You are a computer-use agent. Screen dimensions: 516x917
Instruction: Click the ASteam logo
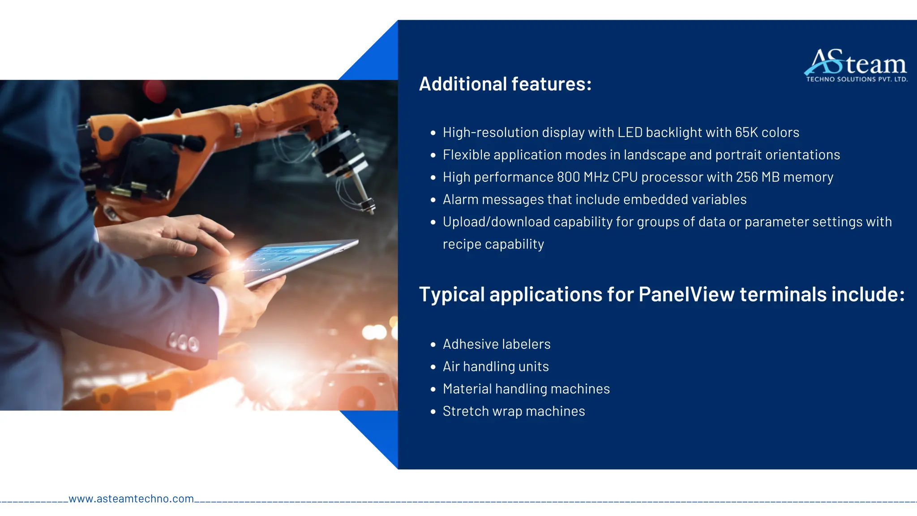[x=856, y=63]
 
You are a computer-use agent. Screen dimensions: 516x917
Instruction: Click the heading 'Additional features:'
[x=505, y=84]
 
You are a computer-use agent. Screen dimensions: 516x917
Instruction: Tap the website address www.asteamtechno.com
[x=131, y=499]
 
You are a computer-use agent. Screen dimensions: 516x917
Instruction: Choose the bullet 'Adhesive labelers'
[x=497, y=344]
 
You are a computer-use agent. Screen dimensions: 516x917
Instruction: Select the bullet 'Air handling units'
[x=496, y=366]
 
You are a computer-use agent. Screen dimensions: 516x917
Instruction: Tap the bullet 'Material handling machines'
[x=526, y=389]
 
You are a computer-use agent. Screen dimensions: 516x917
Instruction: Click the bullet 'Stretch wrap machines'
[x=514, y=411]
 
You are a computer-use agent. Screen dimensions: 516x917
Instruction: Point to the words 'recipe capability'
[x=493, y=245]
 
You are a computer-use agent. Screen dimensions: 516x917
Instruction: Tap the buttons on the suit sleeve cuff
[x=184, y=343]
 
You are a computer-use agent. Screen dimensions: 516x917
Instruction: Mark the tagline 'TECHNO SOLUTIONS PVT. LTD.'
[x=857, y=79]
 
